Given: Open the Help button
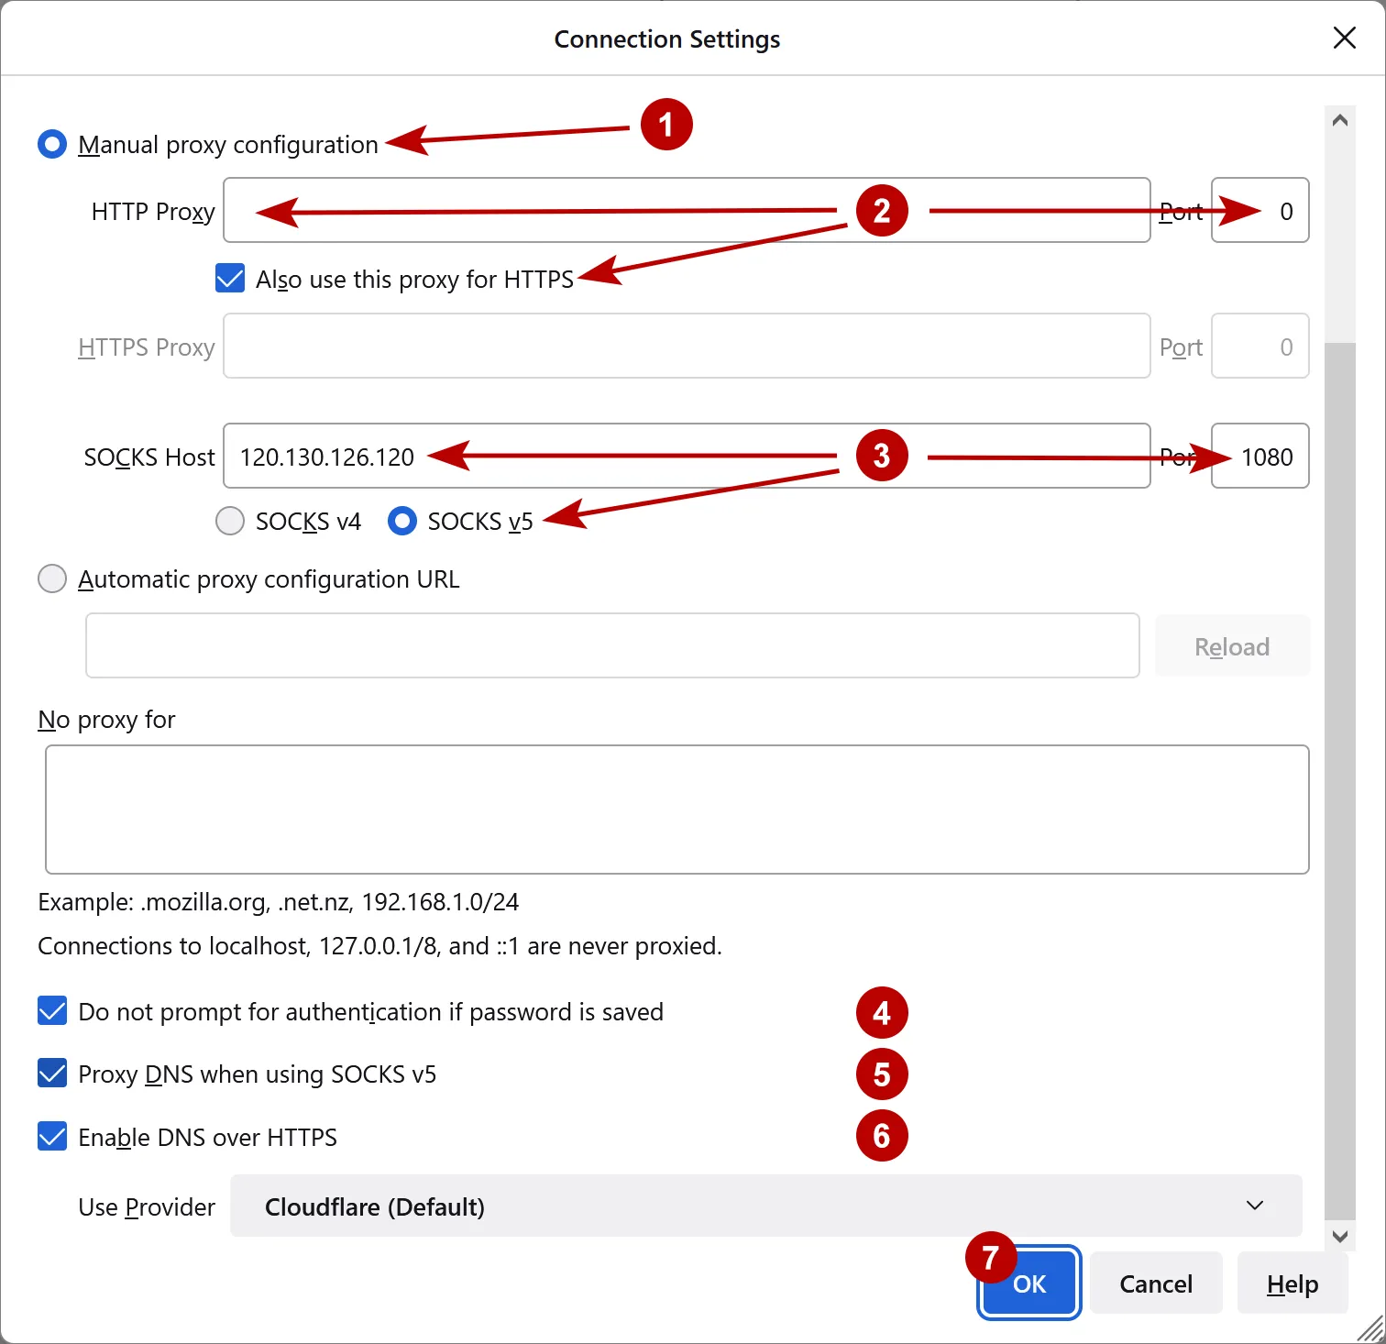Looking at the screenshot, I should click(1292, 1284).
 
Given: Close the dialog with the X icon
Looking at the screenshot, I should click(1344, 38).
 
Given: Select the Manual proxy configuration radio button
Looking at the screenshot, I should click(52, 145).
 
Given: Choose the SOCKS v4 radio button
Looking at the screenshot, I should click(230, 521).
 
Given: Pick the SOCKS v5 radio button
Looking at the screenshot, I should click(402, 521).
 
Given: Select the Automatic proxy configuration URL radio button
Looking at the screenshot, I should click(52, 579).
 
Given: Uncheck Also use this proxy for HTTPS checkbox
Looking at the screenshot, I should click(230, 279).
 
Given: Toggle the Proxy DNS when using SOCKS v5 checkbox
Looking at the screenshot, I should click(52, 1074).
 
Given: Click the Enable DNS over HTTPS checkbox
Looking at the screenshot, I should click(52, 1137).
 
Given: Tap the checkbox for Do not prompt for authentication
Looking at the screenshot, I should click(52, 1011).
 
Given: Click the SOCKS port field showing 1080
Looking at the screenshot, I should click(1260, 457).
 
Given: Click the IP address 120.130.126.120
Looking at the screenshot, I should click(327, 457).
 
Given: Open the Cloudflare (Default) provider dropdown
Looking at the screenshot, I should click(765, 1206).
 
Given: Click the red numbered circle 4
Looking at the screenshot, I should click(882, 1013).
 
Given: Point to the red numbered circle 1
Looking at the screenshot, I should click(666, 125).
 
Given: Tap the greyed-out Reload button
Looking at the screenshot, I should click(1231, 646).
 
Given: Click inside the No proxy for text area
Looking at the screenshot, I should click(676, 809).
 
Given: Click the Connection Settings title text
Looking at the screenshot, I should click(667, 39).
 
